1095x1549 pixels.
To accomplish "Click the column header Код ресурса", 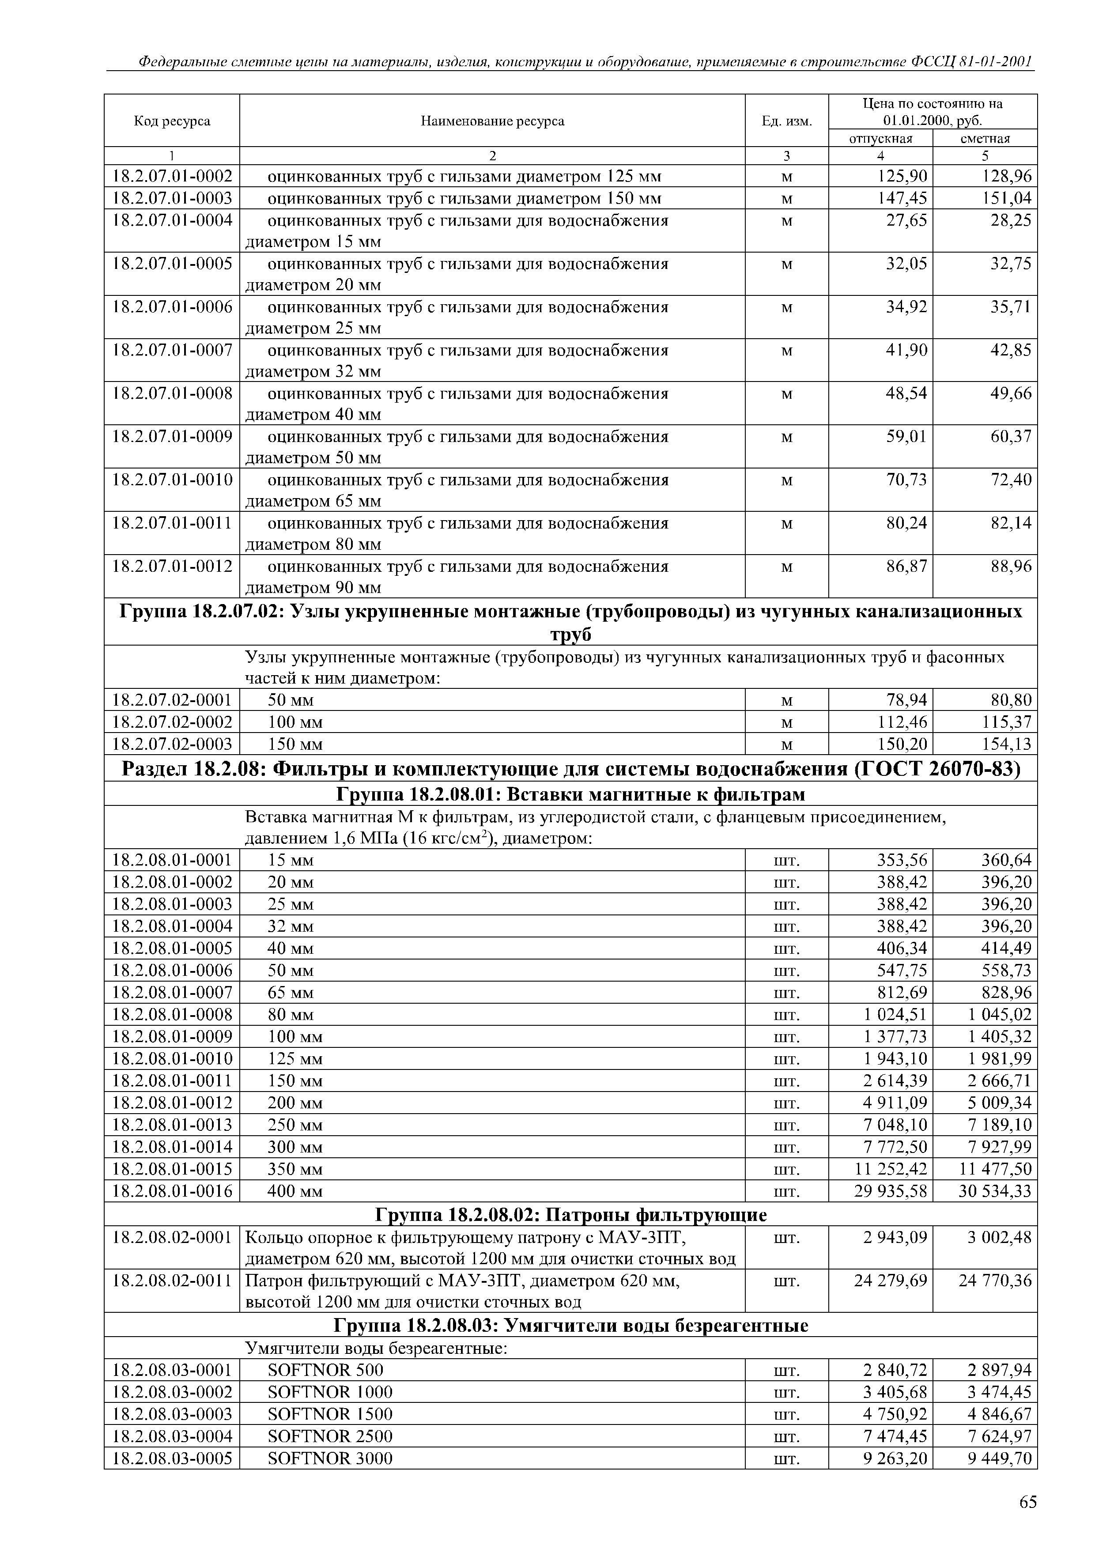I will pos(172,121).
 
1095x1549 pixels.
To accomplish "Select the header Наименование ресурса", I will pos(492,121).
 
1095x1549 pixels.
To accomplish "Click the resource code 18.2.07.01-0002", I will pos(172,177).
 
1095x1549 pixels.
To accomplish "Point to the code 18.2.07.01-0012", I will pos(172,567).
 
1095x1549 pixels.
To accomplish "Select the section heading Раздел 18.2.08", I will pos(570,769).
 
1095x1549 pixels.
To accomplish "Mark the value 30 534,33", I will pos(995,1191).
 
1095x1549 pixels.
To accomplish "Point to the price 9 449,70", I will pos(1000,1458).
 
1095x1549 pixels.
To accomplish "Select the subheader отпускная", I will pos(880,138).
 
